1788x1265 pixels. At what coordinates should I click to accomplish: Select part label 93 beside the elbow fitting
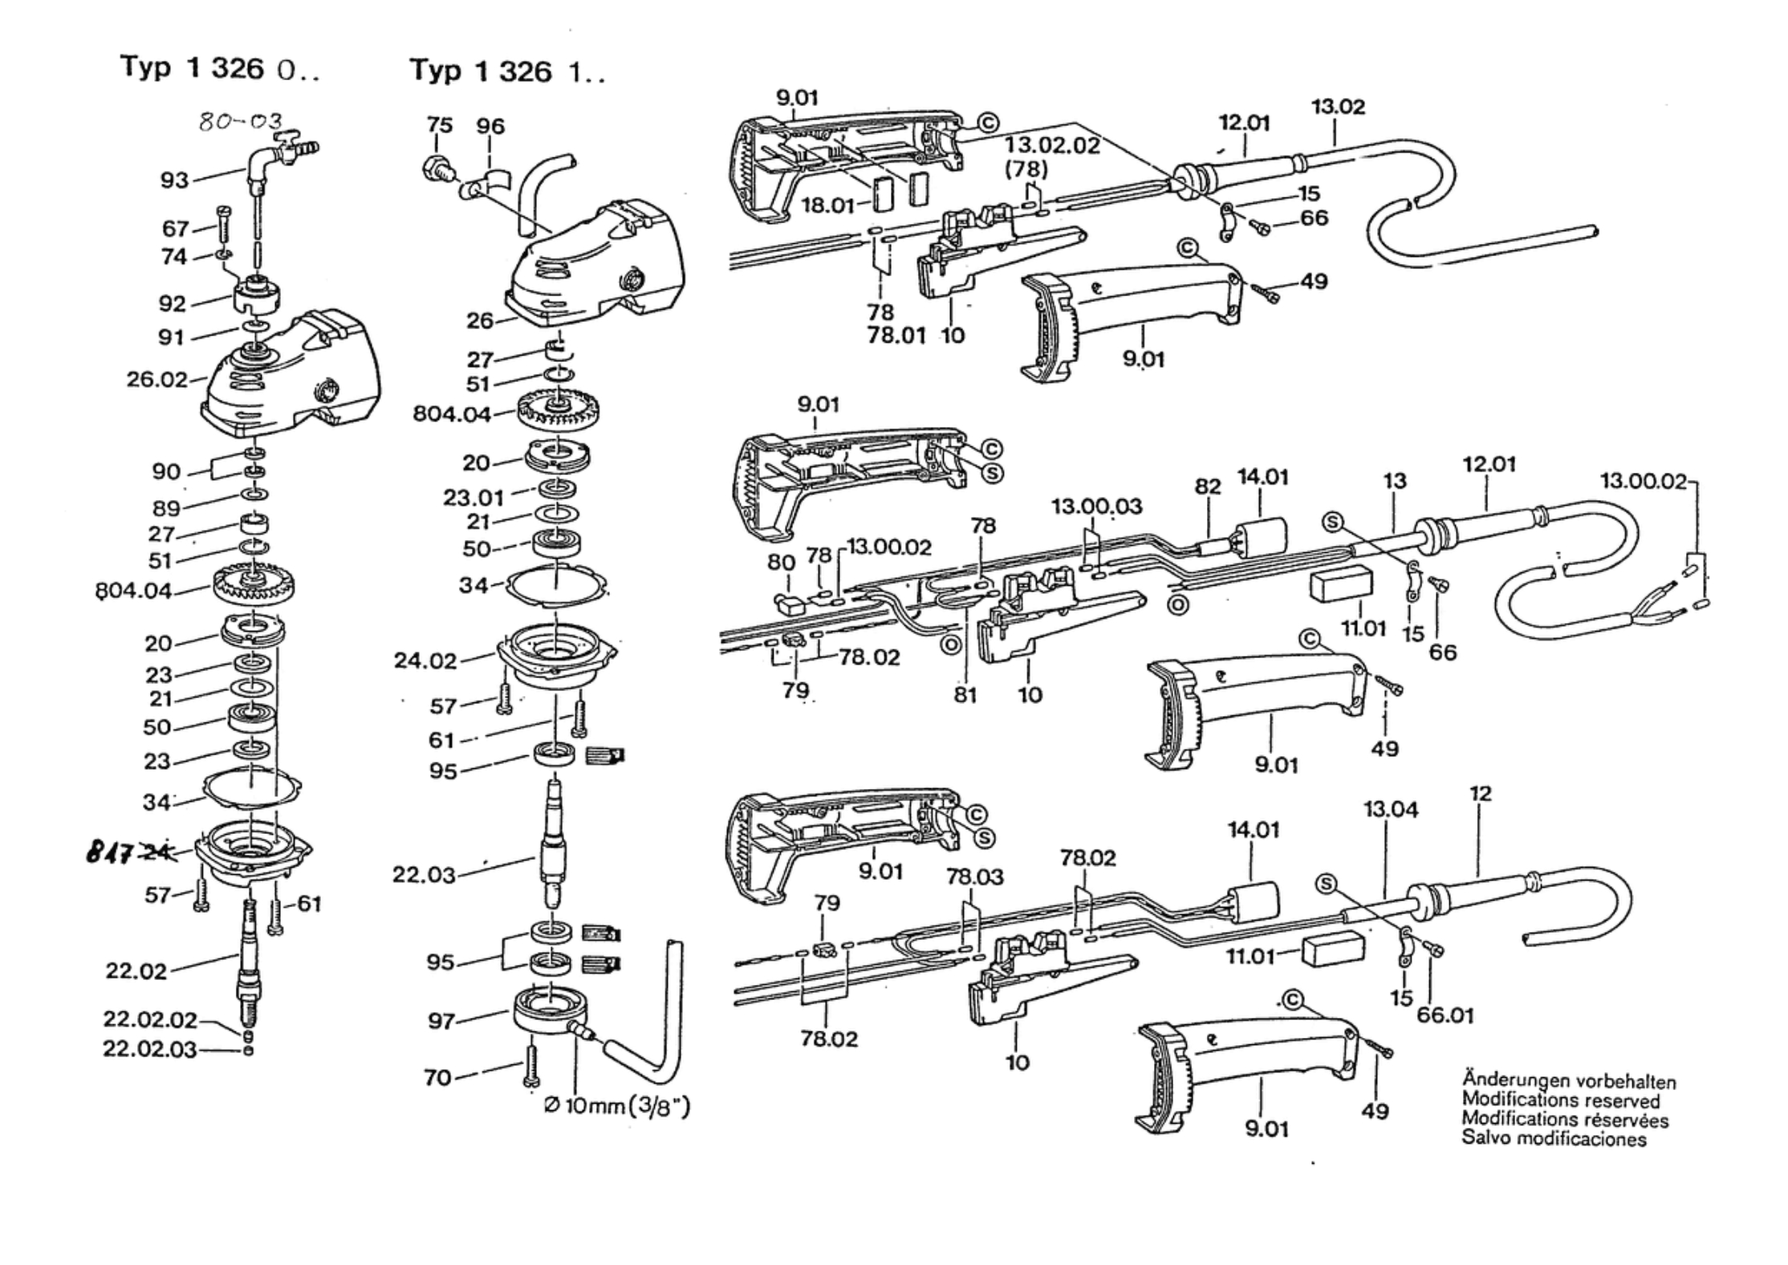(174, 180)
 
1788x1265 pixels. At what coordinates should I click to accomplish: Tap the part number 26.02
(156, 379)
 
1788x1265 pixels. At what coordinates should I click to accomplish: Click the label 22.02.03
(150, 1049)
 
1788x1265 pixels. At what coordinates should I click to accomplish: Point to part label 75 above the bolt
(439, 125)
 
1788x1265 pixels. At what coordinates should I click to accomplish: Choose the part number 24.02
(425, 661)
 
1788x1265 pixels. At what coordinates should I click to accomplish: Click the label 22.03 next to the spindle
(424, 874)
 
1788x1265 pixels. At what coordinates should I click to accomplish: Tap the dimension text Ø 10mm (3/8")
(616, 1106)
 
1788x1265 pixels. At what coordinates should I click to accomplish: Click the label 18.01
(828, 205)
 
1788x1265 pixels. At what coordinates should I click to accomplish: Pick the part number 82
(1207, 486)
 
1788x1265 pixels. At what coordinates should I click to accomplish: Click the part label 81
(965, 695)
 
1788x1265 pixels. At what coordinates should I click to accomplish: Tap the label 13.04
(1391, 810)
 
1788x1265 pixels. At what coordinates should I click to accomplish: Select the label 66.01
(1445, 1015)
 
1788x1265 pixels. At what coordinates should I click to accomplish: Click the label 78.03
(975, 877)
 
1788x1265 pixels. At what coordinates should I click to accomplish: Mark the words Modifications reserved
(1561, 1100)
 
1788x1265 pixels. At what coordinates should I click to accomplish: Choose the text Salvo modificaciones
(1554, 1138)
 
